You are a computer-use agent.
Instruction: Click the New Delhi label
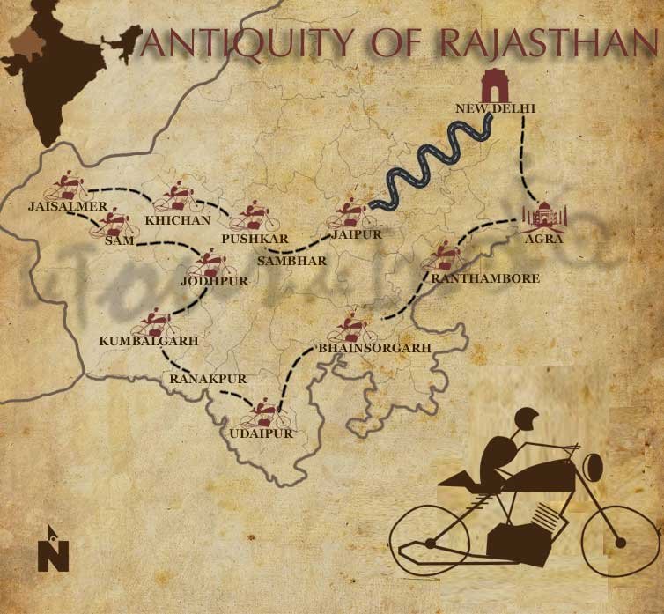pos(495,108)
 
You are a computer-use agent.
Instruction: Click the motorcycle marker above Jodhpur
pos(210,263)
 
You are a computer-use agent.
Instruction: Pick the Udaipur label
pos(260,433)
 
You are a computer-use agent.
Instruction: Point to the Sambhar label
pos(291,261)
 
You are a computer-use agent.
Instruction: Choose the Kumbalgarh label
pos(147,340)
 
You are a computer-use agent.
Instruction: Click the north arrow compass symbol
pos(54,548)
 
